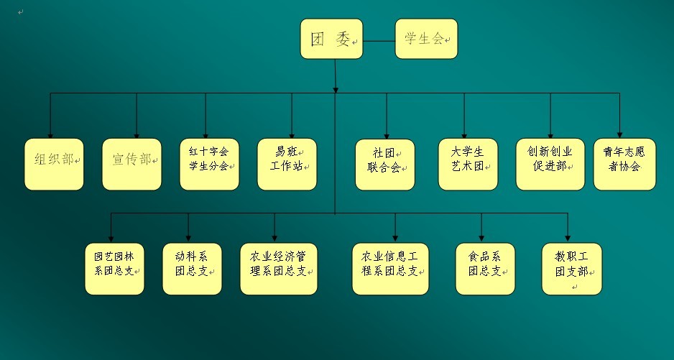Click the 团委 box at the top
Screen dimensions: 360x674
(331, 38)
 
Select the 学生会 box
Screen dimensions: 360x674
(426, 38)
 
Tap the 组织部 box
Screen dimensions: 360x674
(54, 164)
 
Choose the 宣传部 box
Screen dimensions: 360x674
(131, 164)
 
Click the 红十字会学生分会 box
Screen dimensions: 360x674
(208, 164)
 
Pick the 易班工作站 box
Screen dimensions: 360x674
(287, 164)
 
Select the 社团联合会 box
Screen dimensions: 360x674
(384, 164)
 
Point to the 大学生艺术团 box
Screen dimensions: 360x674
(468, 164)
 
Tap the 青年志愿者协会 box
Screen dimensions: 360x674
(624, 164)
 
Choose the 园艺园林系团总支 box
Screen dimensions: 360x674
(114, 269)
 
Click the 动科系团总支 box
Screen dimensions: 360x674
(191, 269)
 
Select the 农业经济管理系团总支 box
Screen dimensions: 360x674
(278, 269)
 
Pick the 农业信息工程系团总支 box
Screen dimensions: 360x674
(389, 269)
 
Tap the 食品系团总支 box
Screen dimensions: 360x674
(484, 269)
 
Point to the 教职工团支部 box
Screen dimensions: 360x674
(571, 269)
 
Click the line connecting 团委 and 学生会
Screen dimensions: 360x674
(379, 39)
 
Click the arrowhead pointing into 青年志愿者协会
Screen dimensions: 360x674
(619, 134)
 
